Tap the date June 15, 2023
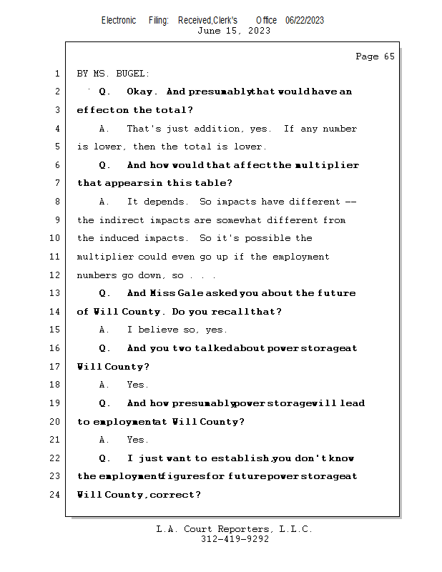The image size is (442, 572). click(x=234, y=31)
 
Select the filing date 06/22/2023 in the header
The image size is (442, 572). click(x=304, y=20)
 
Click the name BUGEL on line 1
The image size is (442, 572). click(x=134, y=74)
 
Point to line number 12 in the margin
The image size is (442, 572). click(x=57, y=275)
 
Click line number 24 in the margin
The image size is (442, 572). click(x=57, y=495)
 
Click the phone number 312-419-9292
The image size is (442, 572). click(x=234, y=539)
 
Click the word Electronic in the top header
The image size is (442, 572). click(x=119, y=20)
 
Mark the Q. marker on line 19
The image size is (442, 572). click(x=105, y=403)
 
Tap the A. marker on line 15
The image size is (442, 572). click(x=105, y=330)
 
